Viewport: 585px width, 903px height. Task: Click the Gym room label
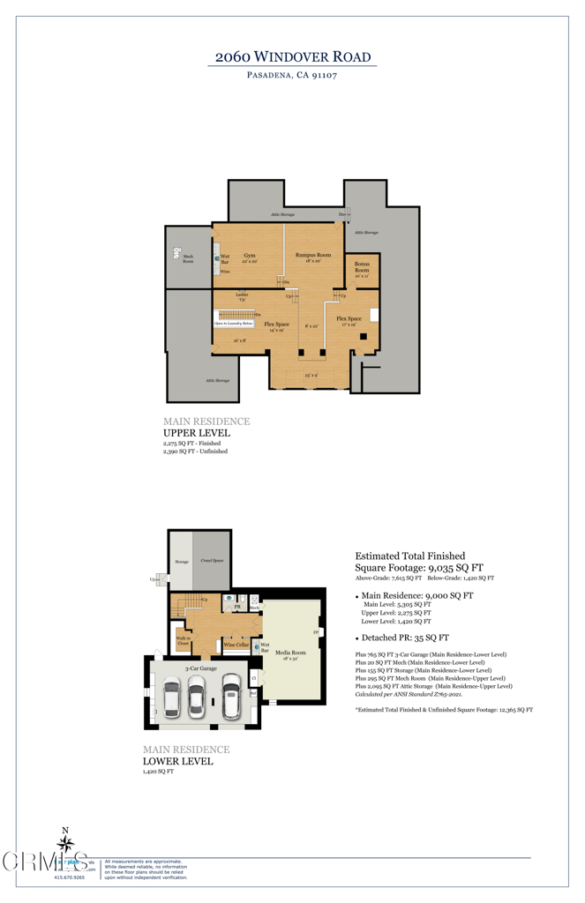(250, 257)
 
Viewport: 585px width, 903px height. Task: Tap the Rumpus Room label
(312, 257)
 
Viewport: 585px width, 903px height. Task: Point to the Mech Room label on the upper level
(188, 257)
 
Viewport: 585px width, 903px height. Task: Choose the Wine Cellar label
(236, 645)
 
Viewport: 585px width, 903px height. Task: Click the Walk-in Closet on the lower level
(184, 643)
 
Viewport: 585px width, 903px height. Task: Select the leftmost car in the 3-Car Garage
(172, 697)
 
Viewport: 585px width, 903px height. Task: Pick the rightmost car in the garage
(231, 696)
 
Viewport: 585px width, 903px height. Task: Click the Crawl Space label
(210, 560)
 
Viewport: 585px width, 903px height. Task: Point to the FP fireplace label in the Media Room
(316, 633)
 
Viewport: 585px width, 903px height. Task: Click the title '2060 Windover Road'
(292, 56)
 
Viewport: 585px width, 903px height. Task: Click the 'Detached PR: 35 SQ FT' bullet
(404, 637)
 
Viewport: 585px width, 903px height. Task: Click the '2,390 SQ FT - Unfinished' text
(195, 451)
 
